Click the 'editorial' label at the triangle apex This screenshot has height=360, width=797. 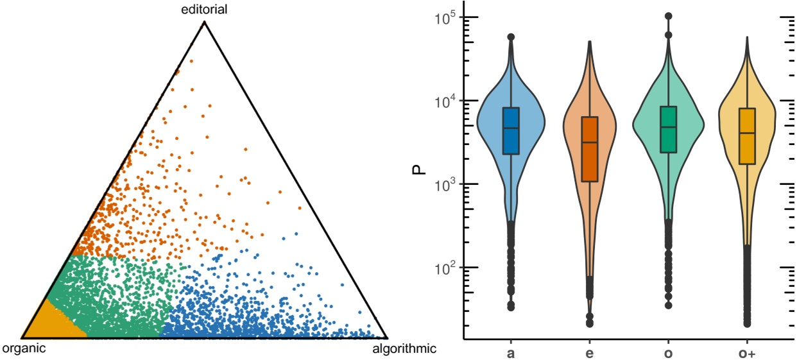pos(204,10)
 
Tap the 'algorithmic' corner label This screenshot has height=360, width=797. pos(404,349)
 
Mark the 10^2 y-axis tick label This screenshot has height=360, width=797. pos(440,267)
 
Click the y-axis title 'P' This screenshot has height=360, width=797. pos(418,171)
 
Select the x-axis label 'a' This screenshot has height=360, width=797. pos(511,352)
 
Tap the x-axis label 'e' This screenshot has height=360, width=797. pos(590,352)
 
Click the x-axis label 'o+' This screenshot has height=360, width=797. pos(747,352)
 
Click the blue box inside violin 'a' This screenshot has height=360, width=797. pos(511,131)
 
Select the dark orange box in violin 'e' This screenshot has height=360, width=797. pos(590,149)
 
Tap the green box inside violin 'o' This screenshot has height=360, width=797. pos(668,130)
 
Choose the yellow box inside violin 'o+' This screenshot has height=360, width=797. pos(747,136)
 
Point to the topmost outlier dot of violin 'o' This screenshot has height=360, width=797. pos(668,16)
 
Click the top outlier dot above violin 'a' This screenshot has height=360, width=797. pos(511,37)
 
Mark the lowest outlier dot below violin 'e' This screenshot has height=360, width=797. pos(590,323)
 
